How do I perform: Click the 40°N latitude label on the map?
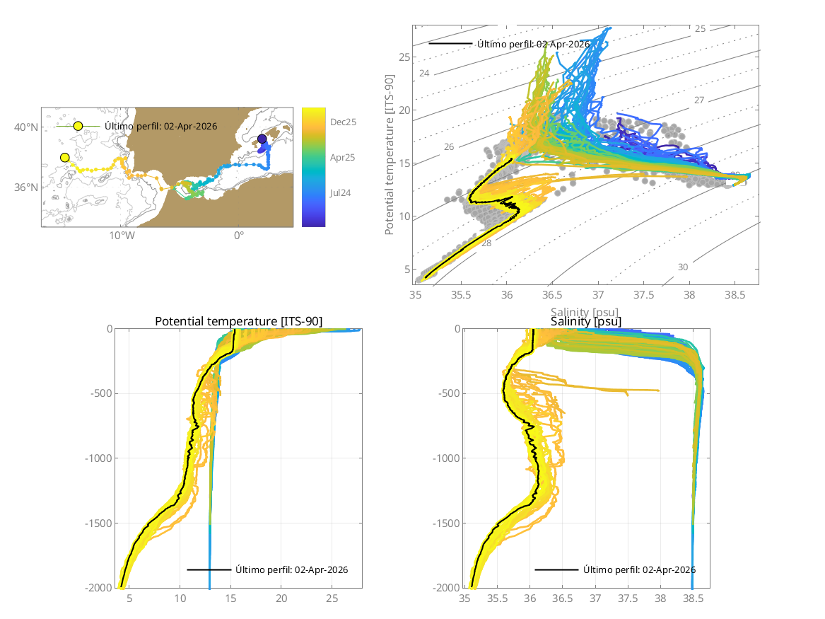(x=27, y=127)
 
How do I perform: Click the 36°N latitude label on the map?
(x=27, y=187)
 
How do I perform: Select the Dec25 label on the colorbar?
(x=343, y=122)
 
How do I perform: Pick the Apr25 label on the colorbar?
(x=343, y=157)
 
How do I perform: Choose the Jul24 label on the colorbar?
(x=342, y=192)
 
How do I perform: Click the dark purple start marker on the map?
(x=262, y=139)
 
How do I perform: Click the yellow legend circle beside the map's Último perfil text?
(x=78, y=126)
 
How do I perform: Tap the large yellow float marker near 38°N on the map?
(x=65, y=157)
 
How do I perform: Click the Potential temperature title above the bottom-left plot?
(x=238, y=322)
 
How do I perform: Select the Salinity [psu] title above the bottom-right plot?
(x=586, y=322)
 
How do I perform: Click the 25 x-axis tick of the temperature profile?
(x=332, y=598)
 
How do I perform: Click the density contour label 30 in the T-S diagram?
(x=682, y=267)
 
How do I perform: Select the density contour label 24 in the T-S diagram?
(x=424, y=74)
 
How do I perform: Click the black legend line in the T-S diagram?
(x=450, y=44)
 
